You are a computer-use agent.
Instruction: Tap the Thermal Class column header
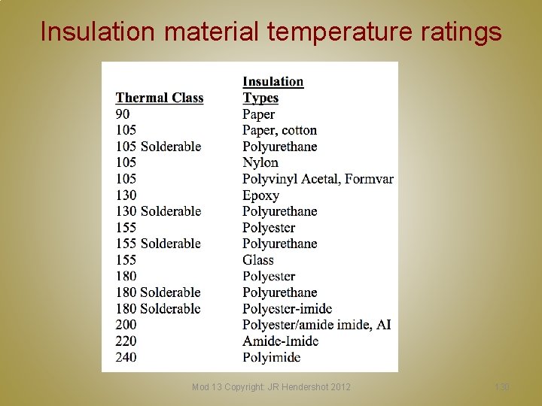coord(160,98)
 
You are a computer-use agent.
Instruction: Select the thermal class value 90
coord(122,114)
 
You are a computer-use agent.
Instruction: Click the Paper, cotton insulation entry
coord(279,131)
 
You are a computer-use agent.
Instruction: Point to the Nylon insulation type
coord(260,162)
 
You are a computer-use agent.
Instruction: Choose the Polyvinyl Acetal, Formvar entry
coord(318,179)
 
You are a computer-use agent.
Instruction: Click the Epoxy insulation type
coord(260,195)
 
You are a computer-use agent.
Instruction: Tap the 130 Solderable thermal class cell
coord(158,211)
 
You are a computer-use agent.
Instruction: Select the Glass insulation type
coord(258,260)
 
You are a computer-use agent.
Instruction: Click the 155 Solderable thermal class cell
coord(158,244)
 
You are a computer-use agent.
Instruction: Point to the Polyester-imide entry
coord(287,309)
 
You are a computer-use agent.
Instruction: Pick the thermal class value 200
coord(126,325)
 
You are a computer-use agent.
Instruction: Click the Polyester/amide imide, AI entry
coord(316,325)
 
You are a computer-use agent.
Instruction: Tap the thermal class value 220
coord(126,341)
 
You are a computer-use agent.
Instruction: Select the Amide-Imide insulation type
coord(280,341)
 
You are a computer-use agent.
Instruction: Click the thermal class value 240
coord(126,357)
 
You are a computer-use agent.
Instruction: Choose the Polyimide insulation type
coord(271,357)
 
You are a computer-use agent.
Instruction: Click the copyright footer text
coord(271,386)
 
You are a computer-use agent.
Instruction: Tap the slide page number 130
coord(502,386)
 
